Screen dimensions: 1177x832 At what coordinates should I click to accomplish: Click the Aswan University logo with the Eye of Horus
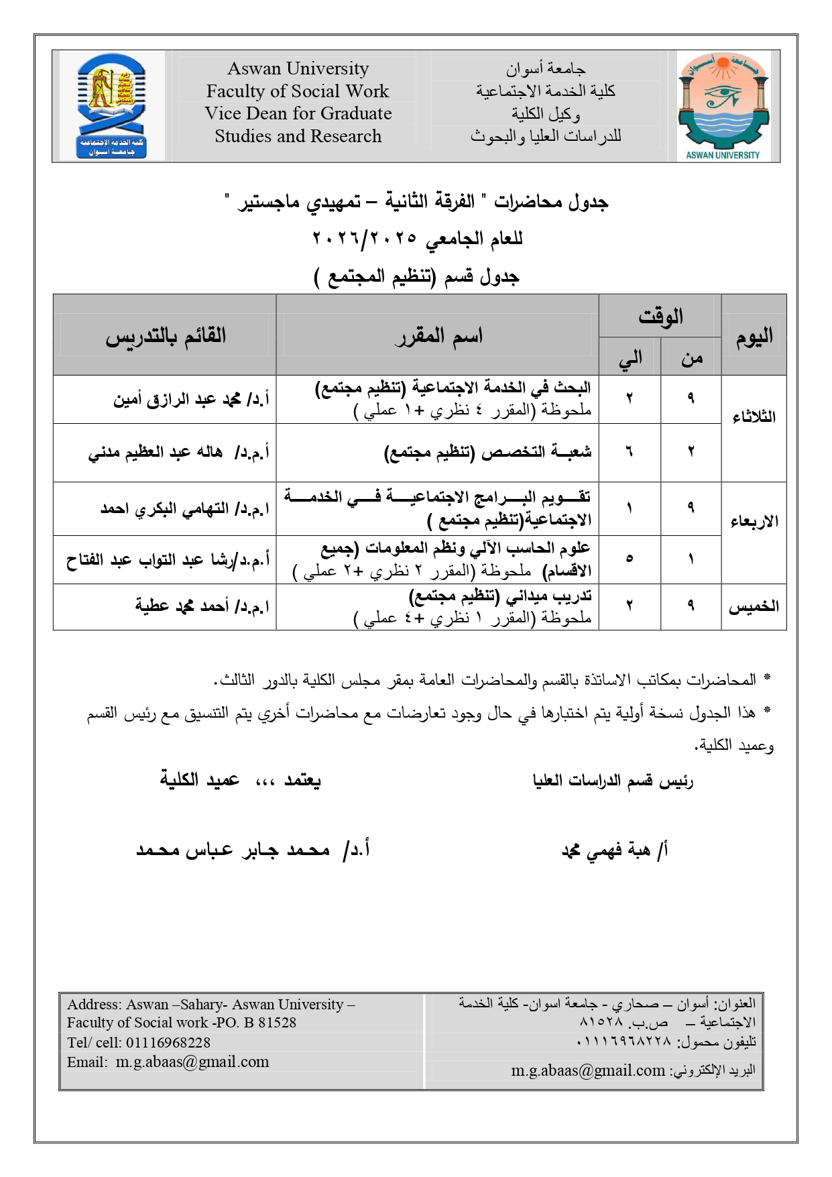[x=723, y=106]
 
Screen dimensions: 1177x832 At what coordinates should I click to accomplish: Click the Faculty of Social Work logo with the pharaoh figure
[x=111, y=106]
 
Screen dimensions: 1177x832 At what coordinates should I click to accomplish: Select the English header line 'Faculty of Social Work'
[x=298, y=91]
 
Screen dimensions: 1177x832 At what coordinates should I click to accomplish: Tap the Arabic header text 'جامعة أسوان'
[x=546, y=68]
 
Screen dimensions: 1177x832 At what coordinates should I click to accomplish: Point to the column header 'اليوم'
[x=754, y=336]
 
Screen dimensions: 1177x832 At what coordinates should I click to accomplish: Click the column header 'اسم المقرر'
[x=438, y=336]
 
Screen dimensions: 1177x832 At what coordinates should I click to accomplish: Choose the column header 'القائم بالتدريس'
[x=166, y=336]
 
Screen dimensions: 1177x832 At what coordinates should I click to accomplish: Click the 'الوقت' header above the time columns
[x=660, y=316]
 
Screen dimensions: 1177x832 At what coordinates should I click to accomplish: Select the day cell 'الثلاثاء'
[x=754, y=417]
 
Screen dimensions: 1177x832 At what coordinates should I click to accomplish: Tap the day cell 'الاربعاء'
[x=754, y=522]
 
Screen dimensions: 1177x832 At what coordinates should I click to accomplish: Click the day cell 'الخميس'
[x=754, y=607]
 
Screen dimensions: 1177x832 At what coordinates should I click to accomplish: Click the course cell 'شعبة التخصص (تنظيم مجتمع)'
[x=487, y=453]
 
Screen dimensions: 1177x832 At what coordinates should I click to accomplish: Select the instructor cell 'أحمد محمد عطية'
[x=202, y=607]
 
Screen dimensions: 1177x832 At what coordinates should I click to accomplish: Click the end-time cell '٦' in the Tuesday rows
[x=629, y=453]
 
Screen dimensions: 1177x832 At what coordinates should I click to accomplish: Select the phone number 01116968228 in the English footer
[x=168, y=1043]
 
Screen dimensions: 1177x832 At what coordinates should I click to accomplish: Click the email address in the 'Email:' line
[x=192, y=1062]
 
